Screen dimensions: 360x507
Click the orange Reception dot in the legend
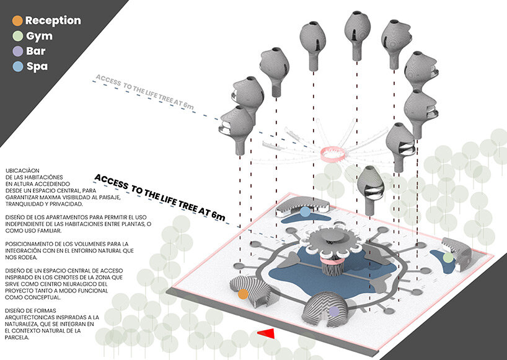[18, 20]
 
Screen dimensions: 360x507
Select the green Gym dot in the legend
[18, 36]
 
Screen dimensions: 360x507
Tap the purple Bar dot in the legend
[18, 51]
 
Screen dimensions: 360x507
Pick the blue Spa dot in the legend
[18, 66]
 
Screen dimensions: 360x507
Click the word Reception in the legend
[53, 20]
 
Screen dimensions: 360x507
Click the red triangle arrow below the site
[266, 334]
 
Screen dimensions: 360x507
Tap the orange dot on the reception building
[244, 294]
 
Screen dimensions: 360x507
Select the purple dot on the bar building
[334, 312]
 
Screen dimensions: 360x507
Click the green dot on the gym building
[448, 257]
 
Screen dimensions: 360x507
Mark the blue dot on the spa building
[305, 211]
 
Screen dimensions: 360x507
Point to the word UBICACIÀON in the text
[23, 170]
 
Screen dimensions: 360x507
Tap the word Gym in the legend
[39, 36]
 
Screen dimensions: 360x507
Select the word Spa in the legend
[37, 66]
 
